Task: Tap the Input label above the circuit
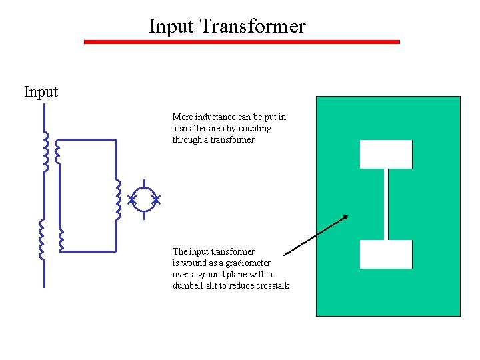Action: pos(41,91)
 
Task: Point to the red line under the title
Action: pos(241,42)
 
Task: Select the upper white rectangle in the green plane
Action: pos(386,154)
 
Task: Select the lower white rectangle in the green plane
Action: pos(386,254)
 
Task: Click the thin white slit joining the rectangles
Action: pos(386,204)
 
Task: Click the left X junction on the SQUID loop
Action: pos(132,199)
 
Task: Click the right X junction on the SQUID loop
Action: pos(157,199)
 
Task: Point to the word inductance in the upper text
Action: pos(215,117)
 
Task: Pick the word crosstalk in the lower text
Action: pos(272,285)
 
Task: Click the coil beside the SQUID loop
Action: pos(118,199)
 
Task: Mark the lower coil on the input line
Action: pos(41,239)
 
